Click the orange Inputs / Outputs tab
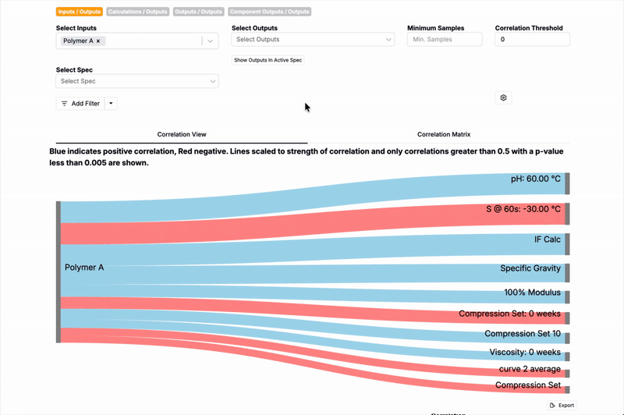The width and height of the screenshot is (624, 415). click(x=79, y=12)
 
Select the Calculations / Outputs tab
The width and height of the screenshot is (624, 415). click(x=137, y=12)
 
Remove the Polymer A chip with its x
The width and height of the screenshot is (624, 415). click(x=98, y=41)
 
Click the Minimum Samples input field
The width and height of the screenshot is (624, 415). click(x=445, y=40)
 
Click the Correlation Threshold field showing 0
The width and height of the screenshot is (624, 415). click(x=532, y=40)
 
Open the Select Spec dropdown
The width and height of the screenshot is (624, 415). click(x=137, y=81)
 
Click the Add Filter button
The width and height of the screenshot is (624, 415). click(x=80, y=103)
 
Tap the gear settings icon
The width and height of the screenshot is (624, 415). click(x=503, y=98)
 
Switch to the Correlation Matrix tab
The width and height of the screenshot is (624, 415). click(x=444, y=135)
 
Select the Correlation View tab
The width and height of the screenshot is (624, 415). click(x=182, y=135)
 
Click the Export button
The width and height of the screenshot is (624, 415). click(x=562, y=406)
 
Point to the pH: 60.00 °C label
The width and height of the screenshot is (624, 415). click(x=536, y=179)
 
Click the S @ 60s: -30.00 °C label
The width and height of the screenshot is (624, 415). click(x=523, y=209)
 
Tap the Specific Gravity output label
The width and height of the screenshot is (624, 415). click(x=530, y=268)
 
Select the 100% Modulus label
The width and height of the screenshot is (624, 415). click(x=533, y=293)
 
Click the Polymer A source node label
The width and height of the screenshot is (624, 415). click(x=84, y=268)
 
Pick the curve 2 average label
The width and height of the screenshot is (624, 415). click(x=530, y=369)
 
